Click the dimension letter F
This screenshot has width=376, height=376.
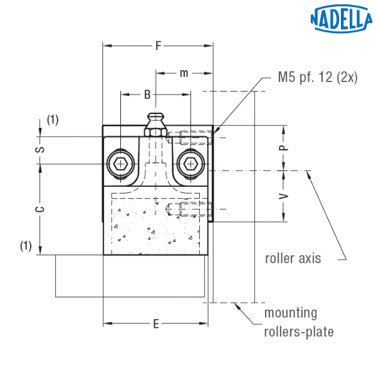(x=159, y=45)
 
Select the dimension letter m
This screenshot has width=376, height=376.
(x=184, y=73)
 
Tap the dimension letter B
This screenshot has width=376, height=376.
(x=147, y=95)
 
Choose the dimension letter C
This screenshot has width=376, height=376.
(x=39, y=210)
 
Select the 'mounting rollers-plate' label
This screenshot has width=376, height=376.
(x=298, y=322)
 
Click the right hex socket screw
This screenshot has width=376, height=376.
(x=189, y=164)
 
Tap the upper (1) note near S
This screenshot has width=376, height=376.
(x=53, y=120)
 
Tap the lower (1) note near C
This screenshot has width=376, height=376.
(x=25, y=246)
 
